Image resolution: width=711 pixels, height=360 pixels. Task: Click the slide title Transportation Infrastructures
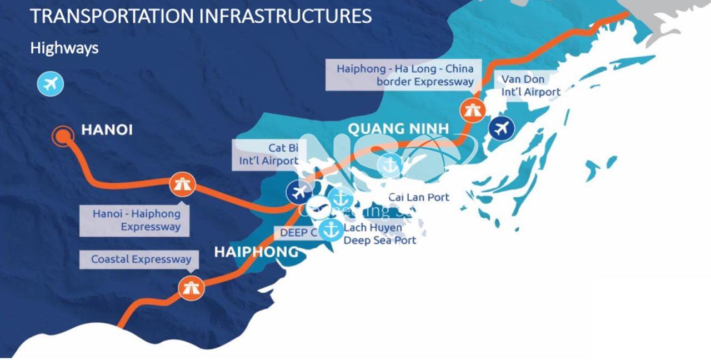click(201, 16)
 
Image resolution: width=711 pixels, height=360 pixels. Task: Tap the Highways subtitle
click(64, 48)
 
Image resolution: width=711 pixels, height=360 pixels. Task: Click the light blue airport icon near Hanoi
click(51, 84)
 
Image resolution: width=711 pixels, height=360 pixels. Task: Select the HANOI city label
click(107, 131)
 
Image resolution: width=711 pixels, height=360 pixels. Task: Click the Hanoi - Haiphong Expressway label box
click(136, 220)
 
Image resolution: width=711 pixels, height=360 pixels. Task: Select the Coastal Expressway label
click(141, 259)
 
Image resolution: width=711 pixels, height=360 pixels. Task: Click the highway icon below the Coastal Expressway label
click(191, 287)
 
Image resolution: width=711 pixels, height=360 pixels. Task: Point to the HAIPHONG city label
click(256, 252)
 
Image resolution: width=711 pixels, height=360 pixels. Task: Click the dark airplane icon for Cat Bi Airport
click(299, 192)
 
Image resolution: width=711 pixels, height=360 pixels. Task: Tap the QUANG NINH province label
click(398, 129)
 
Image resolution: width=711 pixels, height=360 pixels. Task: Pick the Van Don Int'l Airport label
click(530, 86)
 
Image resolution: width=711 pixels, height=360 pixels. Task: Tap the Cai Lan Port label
click(418, 197)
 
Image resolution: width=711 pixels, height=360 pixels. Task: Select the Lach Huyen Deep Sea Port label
click(379, 234)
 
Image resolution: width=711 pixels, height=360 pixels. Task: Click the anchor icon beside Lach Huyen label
click(332, 229)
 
